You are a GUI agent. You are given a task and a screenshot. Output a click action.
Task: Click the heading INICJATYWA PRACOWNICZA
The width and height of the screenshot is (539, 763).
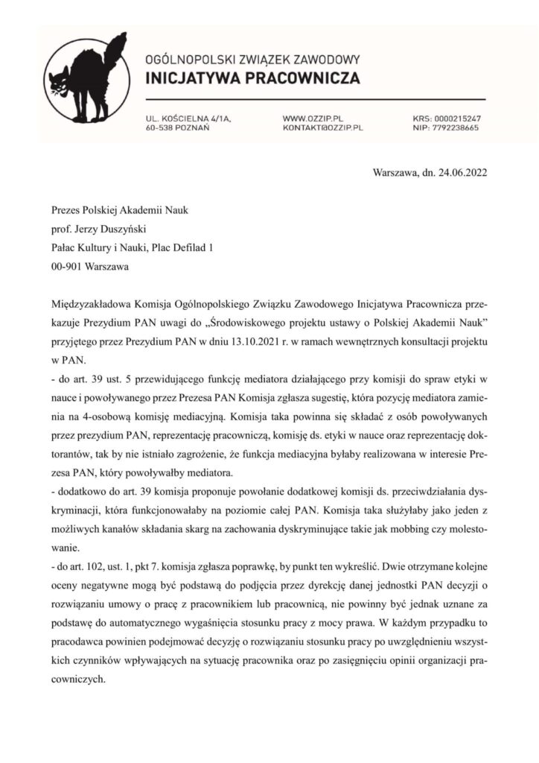pyautogui.click(x=252, y=78)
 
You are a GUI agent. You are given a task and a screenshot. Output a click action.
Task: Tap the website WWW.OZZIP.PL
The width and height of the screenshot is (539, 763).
pyautogui.click(x=313, y=118)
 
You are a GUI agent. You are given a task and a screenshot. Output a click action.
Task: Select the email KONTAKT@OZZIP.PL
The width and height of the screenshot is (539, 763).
pyautogui.click(x=322, y=128)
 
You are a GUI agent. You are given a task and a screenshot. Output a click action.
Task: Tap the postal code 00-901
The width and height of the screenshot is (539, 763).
pyautogui.click(x=67, y=266)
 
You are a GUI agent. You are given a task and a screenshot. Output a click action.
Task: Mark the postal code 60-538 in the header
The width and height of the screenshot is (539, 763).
pyautogui.click(x=160, y=128)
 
